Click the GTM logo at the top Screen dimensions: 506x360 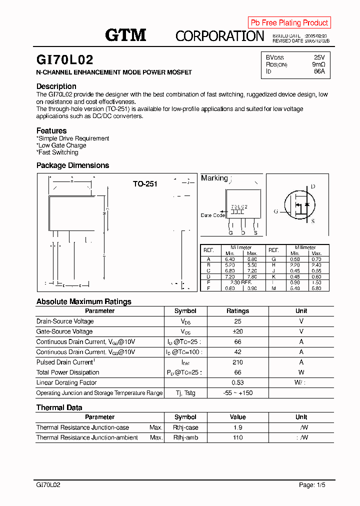point(125,34)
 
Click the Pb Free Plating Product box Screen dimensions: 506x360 point(289,22)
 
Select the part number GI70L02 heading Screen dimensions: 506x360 point(64,60)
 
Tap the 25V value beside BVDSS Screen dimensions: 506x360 point(319,57)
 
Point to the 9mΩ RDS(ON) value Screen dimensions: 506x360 point(318,64)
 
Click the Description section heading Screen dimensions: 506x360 point(56,86)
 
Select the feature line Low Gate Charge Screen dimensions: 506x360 point(62,145)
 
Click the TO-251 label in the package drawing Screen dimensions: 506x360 point(145,184)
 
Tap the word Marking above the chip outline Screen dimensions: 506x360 point(214,178)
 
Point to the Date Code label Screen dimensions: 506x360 point(212,215)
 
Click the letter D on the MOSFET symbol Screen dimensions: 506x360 point(313,186)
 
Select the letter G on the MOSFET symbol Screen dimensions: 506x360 point(275,211)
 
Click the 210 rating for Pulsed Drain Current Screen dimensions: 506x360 point(237,362)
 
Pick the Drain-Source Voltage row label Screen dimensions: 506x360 point(65,321)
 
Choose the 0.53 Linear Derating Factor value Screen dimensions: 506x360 point(237,382)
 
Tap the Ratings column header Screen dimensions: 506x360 point(237,311)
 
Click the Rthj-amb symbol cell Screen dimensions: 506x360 point(185,437)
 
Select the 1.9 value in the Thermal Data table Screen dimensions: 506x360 point(237,427)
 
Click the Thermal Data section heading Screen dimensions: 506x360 point(59,407)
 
